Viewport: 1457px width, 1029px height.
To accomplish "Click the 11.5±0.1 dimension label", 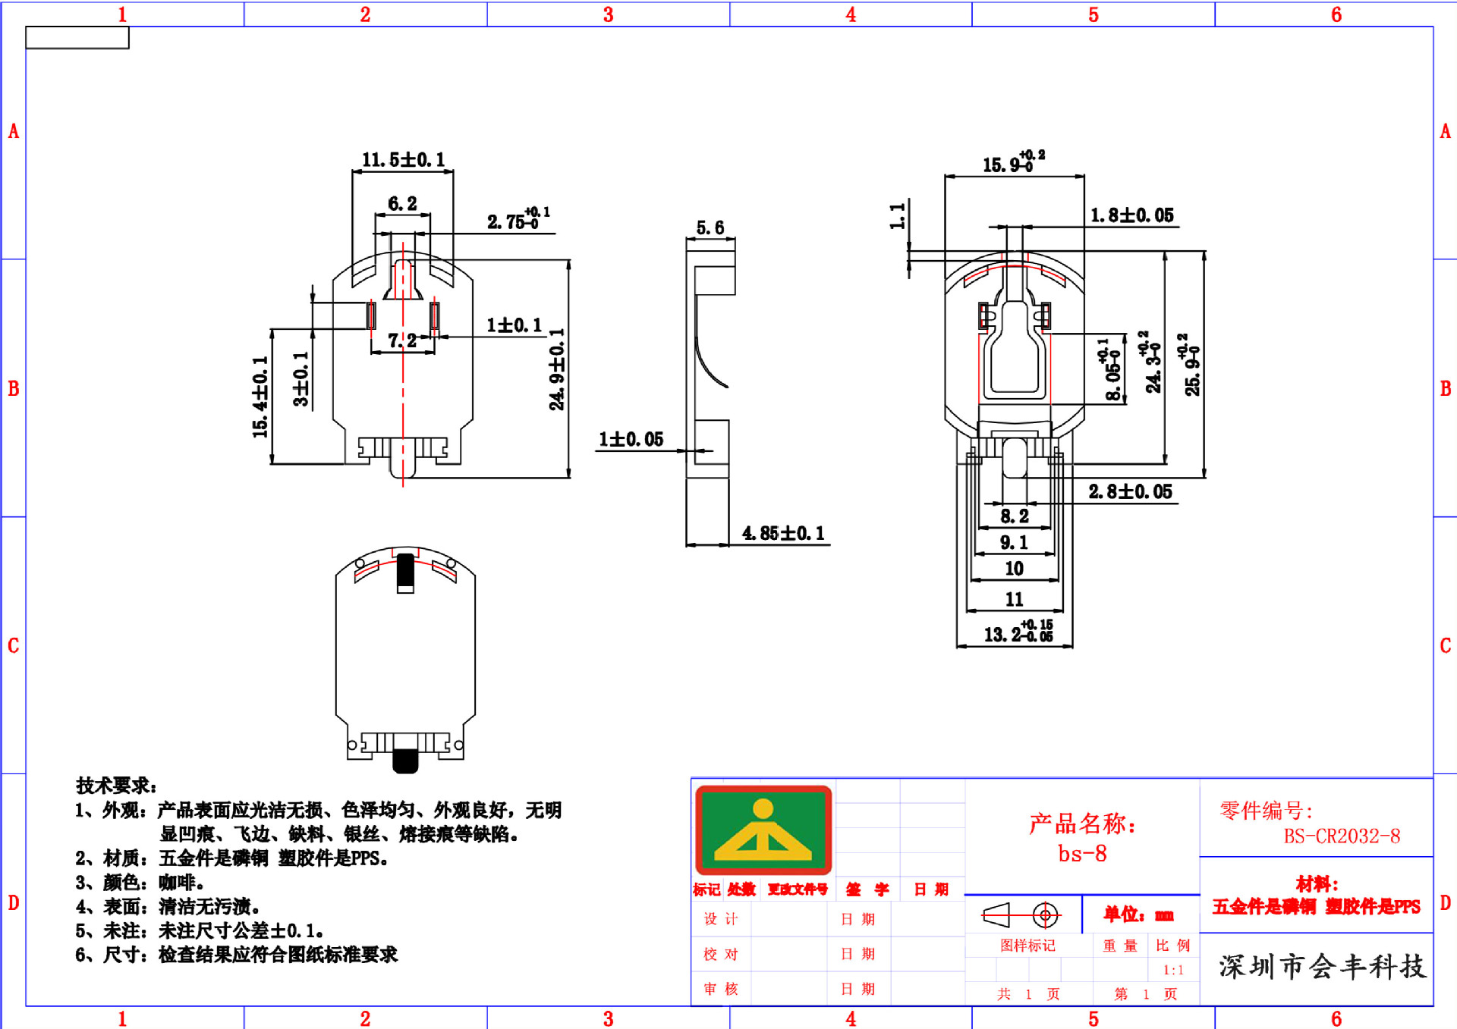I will [x=403, y=160].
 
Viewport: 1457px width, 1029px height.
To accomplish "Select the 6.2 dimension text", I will [x=402, y=204].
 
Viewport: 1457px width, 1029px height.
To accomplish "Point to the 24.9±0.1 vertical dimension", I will [x=558, y=369].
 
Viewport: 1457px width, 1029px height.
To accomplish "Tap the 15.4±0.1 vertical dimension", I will [x=260, y=397].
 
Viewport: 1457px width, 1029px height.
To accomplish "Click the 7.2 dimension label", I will [x=402, y=340].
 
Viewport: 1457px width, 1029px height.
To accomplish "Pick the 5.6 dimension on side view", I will [x=710, y=227].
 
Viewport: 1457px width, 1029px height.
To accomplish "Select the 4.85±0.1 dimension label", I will [x=783, y=533].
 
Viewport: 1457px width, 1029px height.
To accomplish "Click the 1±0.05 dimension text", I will [x=631, y=440].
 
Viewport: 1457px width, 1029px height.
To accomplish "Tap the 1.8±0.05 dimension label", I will [x=1131, y=215].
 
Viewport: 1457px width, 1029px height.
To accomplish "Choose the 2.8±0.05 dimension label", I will [x=1130, y=492].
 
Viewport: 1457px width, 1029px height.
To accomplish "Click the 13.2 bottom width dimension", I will [x=1017, y=632].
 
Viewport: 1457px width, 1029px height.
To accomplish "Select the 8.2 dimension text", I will [x=1015, y=516].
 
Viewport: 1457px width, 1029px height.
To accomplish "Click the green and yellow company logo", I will [x=763, y=830].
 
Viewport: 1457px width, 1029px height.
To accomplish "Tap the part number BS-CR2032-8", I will [x=1342, y=836].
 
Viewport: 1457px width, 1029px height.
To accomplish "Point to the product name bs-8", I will [x=1082, y=854].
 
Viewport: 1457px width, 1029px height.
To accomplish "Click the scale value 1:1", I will [x=1173, y=970].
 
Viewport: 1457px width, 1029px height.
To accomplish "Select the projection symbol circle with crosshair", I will [x=1045, y=916].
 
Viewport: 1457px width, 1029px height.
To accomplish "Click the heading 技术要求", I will [x=115, y=786].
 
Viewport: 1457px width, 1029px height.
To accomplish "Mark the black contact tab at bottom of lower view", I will [x=405, y=761].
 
